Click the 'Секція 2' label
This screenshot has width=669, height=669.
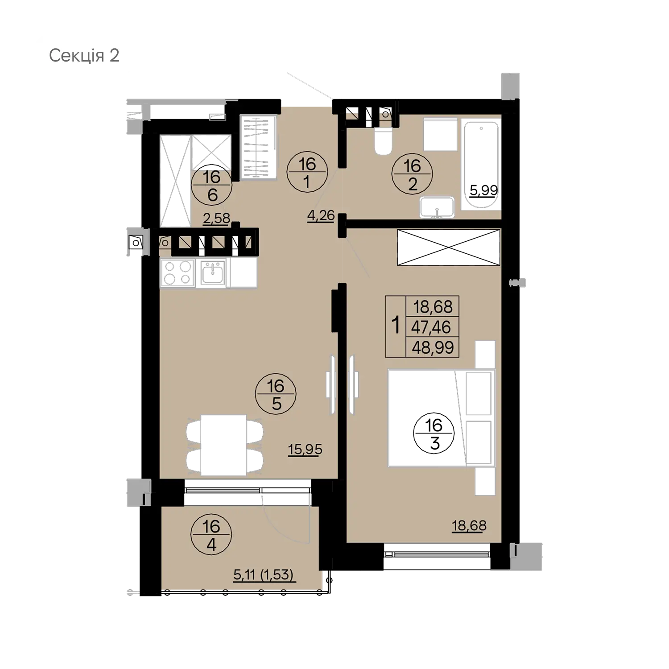coord(84,56)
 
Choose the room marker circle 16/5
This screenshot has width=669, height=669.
coord(276,394)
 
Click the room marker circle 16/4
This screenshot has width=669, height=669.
coord(211,535)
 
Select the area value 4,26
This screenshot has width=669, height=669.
coord(321,216)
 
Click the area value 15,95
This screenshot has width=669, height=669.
coord(305,450)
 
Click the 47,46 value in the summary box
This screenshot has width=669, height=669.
coord(431,327)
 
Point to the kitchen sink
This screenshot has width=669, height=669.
coord(213,273)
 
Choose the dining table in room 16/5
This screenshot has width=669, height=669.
coord(223,446)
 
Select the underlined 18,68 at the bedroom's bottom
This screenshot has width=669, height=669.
coord(469,526)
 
